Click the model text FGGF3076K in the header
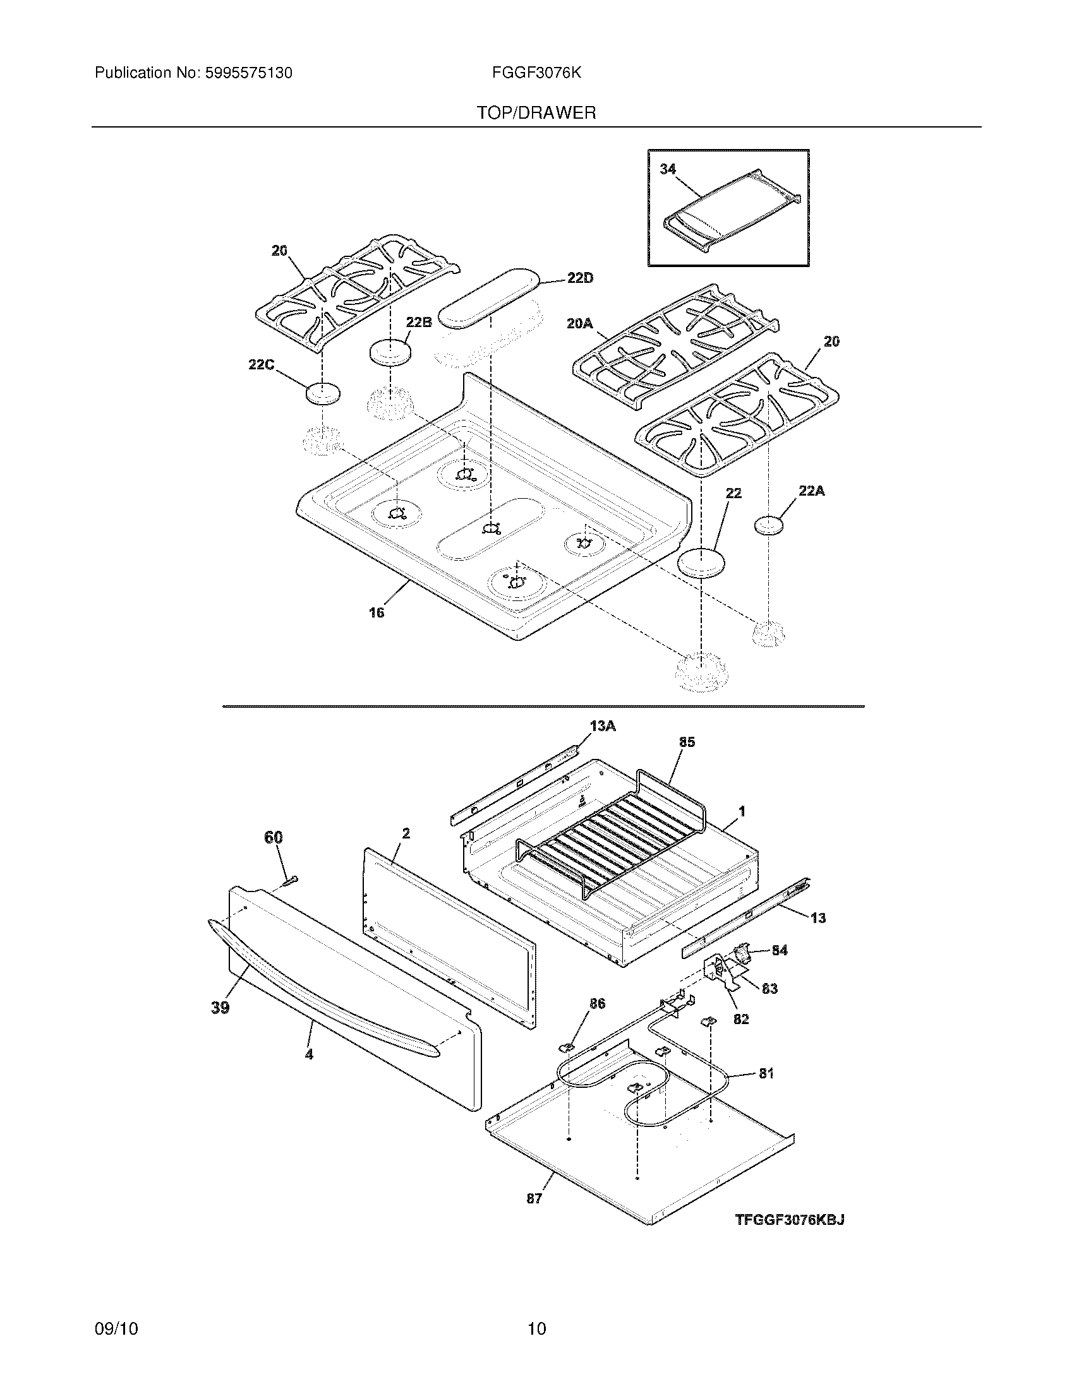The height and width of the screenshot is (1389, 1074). tap(536, 73)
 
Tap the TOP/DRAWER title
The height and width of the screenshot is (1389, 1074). tap(536, 113)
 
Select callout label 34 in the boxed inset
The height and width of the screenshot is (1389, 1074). tap(667, 169)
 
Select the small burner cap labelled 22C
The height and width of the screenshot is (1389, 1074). tap(323, 394)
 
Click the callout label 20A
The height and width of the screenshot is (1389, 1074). tap(579, 324)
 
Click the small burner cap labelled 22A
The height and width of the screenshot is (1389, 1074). tap(769, 525)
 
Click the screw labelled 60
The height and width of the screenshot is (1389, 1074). tap(291, 880)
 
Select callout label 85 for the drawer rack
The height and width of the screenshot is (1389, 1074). tap(687, 742)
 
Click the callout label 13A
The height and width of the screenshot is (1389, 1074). tap(603, 725)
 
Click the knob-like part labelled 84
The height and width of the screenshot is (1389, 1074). tap(742, 951)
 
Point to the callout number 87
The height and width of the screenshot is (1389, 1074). tap(534, 1198)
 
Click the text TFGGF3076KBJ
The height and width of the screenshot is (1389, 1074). tap(790, 1219)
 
